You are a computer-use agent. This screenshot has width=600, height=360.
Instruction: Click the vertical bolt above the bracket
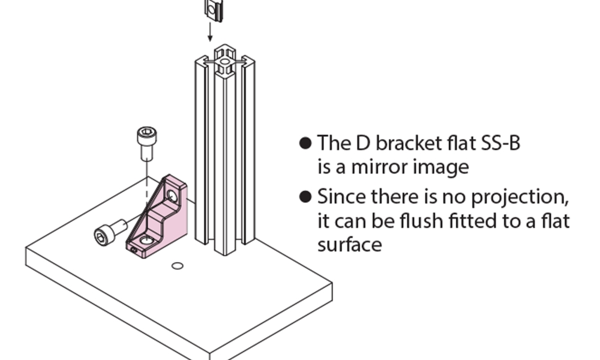tap(146, 142)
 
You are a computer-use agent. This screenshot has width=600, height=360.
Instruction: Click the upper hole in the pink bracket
tap(172, 195)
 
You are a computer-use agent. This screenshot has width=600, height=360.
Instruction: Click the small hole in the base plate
tap(177, 265)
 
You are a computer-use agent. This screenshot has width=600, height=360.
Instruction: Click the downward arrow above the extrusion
tap(210, 31)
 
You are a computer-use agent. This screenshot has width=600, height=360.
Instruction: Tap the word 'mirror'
tap(379, 167)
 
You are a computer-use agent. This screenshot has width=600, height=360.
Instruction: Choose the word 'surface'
tap(349, 245)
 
